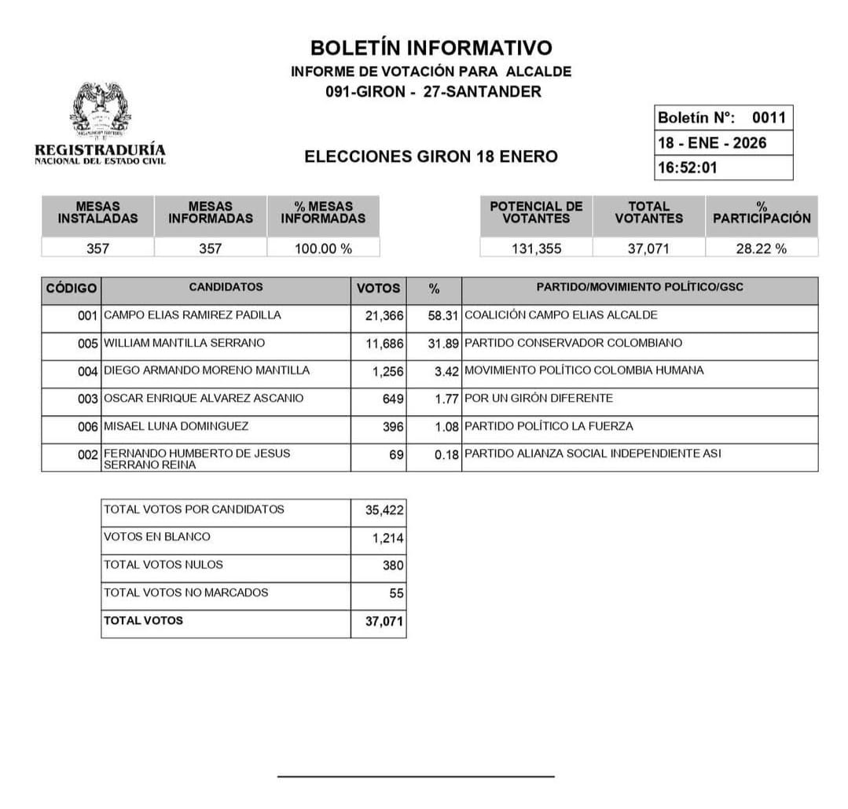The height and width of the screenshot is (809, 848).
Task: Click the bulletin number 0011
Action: [x=768, y=118]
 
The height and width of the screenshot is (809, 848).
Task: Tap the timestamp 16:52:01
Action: [x=688, y=167]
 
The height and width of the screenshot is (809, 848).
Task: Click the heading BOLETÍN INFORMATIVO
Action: [x=431, y=48]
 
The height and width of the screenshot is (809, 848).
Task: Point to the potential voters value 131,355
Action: [x=536, y=248]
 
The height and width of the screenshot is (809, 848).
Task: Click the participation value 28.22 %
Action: [x=761, y=248]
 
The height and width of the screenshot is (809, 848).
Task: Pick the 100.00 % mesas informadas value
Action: [x=323, y=248]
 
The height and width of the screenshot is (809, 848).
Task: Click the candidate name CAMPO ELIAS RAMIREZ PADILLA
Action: [x=192, y=315]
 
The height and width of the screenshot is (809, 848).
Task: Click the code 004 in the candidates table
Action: [x=87, y=371]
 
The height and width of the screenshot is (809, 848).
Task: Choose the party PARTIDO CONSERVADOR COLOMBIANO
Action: [x=573, y=343]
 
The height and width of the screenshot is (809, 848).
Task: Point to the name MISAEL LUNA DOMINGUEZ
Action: [x=176, y=426]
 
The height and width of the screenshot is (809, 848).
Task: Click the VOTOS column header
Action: [x=378, y=289]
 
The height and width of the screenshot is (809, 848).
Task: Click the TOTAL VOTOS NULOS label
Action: [x=163, y=564]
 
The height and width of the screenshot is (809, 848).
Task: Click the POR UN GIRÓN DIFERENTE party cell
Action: [x=538, y=399]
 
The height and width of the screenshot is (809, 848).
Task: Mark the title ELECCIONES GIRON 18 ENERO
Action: [x=431, y=156]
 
